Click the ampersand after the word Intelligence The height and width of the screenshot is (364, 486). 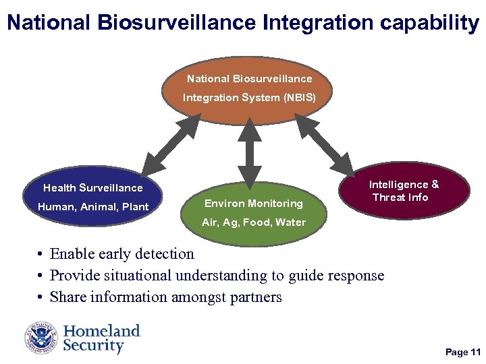(x=435, y=184)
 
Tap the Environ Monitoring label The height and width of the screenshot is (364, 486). (x=254, y=203)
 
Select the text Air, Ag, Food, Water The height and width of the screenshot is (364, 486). (x=254, y=222)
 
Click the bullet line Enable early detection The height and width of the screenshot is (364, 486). (x=122, y=254)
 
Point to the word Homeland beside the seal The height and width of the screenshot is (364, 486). (x=101, y=331)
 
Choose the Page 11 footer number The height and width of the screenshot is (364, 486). (x=462, y=353)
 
